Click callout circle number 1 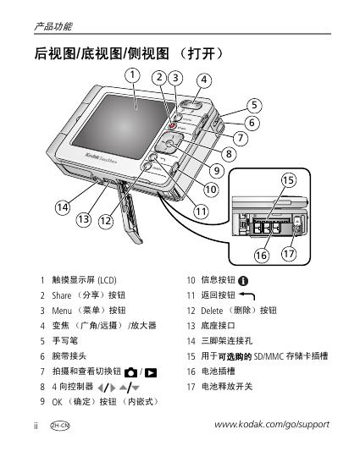point(132,75)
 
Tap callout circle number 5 point(254,105)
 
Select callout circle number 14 point(63,207)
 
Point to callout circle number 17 point(289,254)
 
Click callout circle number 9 point(217,170)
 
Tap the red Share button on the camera point(173,126)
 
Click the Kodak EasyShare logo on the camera point(102,157)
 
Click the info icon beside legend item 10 point(243,281)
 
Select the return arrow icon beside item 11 point(247,296)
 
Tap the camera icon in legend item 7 point(130,372)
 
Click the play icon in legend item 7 point(151,372)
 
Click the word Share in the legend point(62,295)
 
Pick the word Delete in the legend point(212,311)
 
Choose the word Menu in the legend point(62,311)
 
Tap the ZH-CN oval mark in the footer point(60,426)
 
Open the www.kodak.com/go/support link point(272,424)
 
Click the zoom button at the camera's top point(191,105)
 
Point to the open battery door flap point(130,212)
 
